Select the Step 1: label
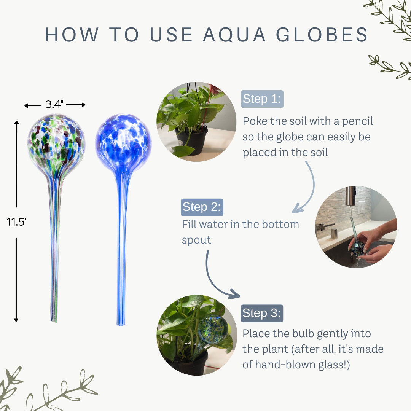tap(262, 99)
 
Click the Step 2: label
tap(201, 207)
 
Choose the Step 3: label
tap(261, 313)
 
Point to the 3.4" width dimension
tap(55, 105)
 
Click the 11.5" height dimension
tap(17, 221)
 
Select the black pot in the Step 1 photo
tap(192, 140)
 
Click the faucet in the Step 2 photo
tap(350, 196)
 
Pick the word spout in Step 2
tap(196, 240)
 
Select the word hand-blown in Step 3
tap(285, 365)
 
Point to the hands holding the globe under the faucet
tap(371, 244)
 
